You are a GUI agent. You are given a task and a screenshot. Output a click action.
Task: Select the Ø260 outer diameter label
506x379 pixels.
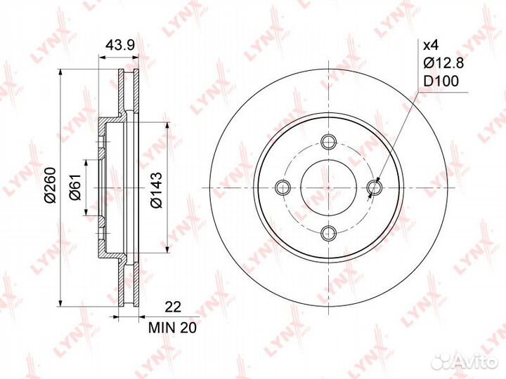click(x=51, y=185)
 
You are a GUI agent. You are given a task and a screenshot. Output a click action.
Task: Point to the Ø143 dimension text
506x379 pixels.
click(x=156, y=190)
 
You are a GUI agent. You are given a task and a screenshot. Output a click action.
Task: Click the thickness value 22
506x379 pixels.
click(x=173, y=307)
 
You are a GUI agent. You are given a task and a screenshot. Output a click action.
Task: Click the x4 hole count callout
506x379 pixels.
click(x=431, y=46)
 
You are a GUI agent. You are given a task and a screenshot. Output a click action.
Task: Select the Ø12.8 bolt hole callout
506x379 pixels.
click(x=443, y=63)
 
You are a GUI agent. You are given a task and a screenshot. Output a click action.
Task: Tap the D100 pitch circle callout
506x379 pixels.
click(x=441, y=81)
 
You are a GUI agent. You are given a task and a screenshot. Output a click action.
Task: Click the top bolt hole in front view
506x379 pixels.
click(x=329, y=141)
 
